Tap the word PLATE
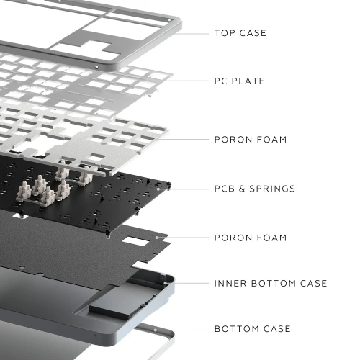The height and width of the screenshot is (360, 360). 248,81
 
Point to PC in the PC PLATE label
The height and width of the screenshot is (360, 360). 220,81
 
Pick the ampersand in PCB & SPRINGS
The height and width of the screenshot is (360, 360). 242,189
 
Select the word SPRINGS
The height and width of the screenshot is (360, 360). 272,189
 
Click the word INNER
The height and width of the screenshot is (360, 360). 230,283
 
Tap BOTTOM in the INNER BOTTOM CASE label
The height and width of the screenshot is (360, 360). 274,283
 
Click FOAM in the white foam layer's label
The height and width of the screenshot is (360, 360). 271,140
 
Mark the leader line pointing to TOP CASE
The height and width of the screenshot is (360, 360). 192,34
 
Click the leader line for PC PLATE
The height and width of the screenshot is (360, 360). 187,81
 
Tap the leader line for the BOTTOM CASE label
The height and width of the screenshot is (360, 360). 182,330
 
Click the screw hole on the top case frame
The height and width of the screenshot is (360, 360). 96,67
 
